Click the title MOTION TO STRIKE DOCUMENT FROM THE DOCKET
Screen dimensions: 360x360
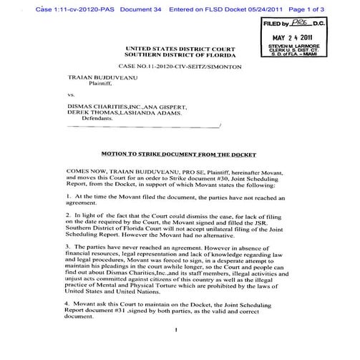point(176,153)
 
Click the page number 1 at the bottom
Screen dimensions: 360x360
point(175,330)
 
